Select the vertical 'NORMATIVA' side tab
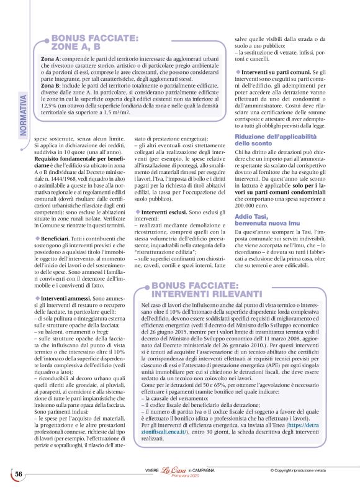pyautogui.click(x=23, y=112)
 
